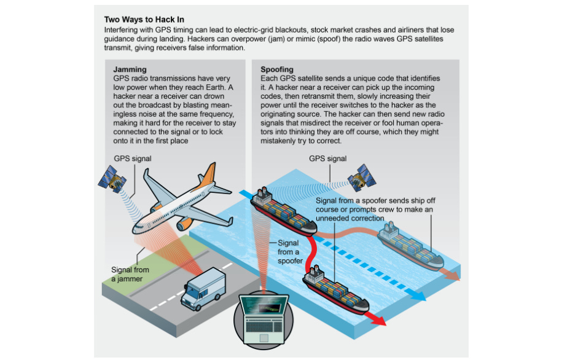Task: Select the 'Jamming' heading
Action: coord(130,69)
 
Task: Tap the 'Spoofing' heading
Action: coord(277,69)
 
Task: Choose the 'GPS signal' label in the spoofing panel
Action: coord(327,158)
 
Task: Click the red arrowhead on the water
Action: coord(379,320)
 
